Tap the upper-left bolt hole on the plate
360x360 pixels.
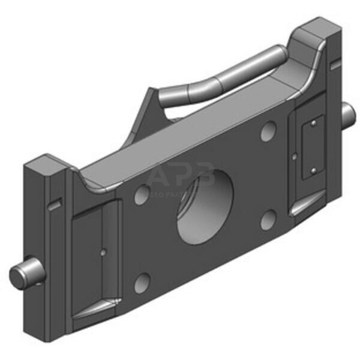[142, 194]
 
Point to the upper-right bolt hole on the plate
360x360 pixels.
[268, 131]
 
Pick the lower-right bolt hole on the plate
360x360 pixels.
[268, 220]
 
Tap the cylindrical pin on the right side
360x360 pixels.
[347, 110]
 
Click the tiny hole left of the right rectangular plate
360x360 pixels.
[295, 157]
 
